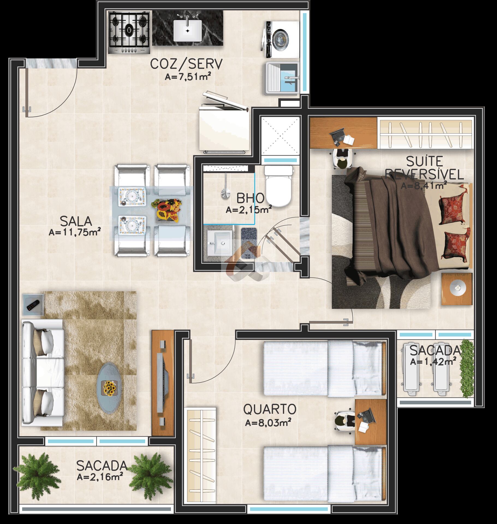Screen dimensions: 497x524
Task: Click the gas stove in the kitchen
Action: click(129, 33)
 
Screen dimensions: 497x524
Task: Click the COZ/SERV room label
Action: click(186, 64)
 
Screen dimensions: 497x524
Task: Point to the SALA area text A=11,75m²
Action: click(75, 233)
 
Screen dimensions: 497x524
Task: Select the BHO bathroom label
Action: click(250, 198)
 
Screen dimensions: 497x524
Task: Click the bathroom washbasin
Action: click(220, 242)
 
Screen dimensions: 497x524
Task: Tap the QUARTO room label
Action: click(270, 409)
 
